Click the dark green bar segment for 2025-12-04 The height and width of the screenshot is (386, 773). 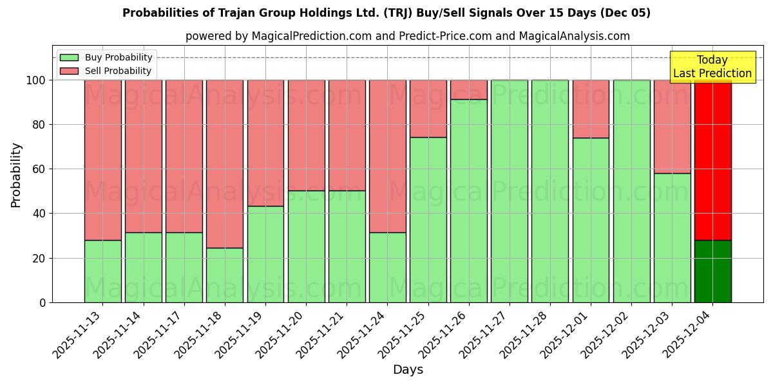[712, 271]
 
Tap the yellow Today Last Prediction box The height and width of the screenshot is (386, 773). [712, 67]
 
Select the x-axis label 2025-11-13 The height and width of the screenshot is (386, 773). [77, 335]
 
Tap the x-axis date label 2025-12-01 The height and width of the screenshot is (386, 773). [565, 335]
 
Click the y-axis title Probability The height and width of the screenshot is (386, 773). [16, 175]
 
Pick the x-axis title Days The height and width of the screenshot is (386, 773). [408, 370]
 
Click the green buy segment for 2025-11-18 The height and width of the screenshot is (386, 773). [225, 275]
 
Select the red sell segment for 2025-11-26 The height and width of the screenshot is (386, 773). [468, 89]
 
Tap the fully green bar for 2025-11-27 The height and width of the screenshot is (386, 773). [509, 191]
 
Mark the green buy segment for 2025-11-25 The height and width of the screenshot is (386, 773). [428, 219]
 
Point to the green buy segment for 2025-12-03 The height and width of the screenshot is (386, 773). [672, 237]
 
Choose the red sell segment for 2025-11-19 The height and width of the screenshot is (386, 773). [265, 143]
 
